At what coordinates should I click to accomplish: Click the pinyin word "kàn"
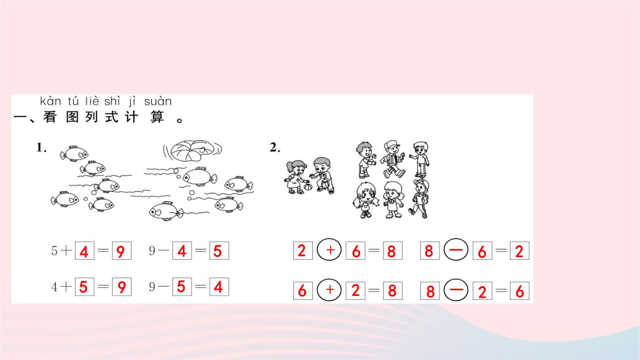(x=51, y=101)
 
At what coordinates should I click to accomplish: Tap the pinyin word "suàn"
(x=158, y=101)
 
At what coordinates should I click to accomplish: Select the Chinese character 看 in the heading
(x=50, y=117)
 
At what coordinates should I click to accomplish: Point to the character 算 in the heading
(x=157, y=117)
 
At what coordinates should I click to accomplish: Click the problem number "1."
(x=41, y=148)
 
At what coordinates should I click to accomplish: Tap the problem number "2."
(x=275, y=148)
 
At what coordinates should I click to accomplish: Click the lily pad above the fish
(x=193, y=150)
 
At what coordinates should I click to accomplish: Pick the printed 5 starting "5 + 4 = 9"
(x=54, y=251)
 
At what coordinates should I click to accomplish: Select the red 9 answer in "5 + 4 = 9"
(x=120, y=251)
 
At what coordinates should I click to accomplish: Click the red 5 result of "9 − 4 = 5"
(x=218, y=251)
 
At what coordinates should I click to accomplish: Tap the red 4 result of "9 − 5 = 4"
(x=218, y=287)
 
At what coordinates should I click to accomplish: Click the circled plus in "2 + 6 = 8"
(x=329, y=249)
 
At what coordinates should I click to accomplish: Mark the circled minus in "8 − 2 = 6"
(x=456, y=290)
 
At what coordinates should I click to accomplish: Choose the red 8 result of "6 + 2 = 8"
(x=392, y=291)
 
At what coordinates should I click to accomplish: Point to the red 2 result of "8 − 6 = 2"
(x=519, y=251)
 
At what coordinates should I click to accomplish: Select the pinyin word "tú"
(x=73, y=101)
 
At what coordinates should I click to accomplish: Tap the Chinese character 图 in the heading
(x=72, y=117)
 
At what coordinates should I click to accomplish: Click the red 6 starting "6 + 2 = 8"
(x=302, y=291)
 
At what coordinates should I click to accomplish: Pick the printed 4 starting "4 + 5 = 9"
(x=54, y=287)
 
